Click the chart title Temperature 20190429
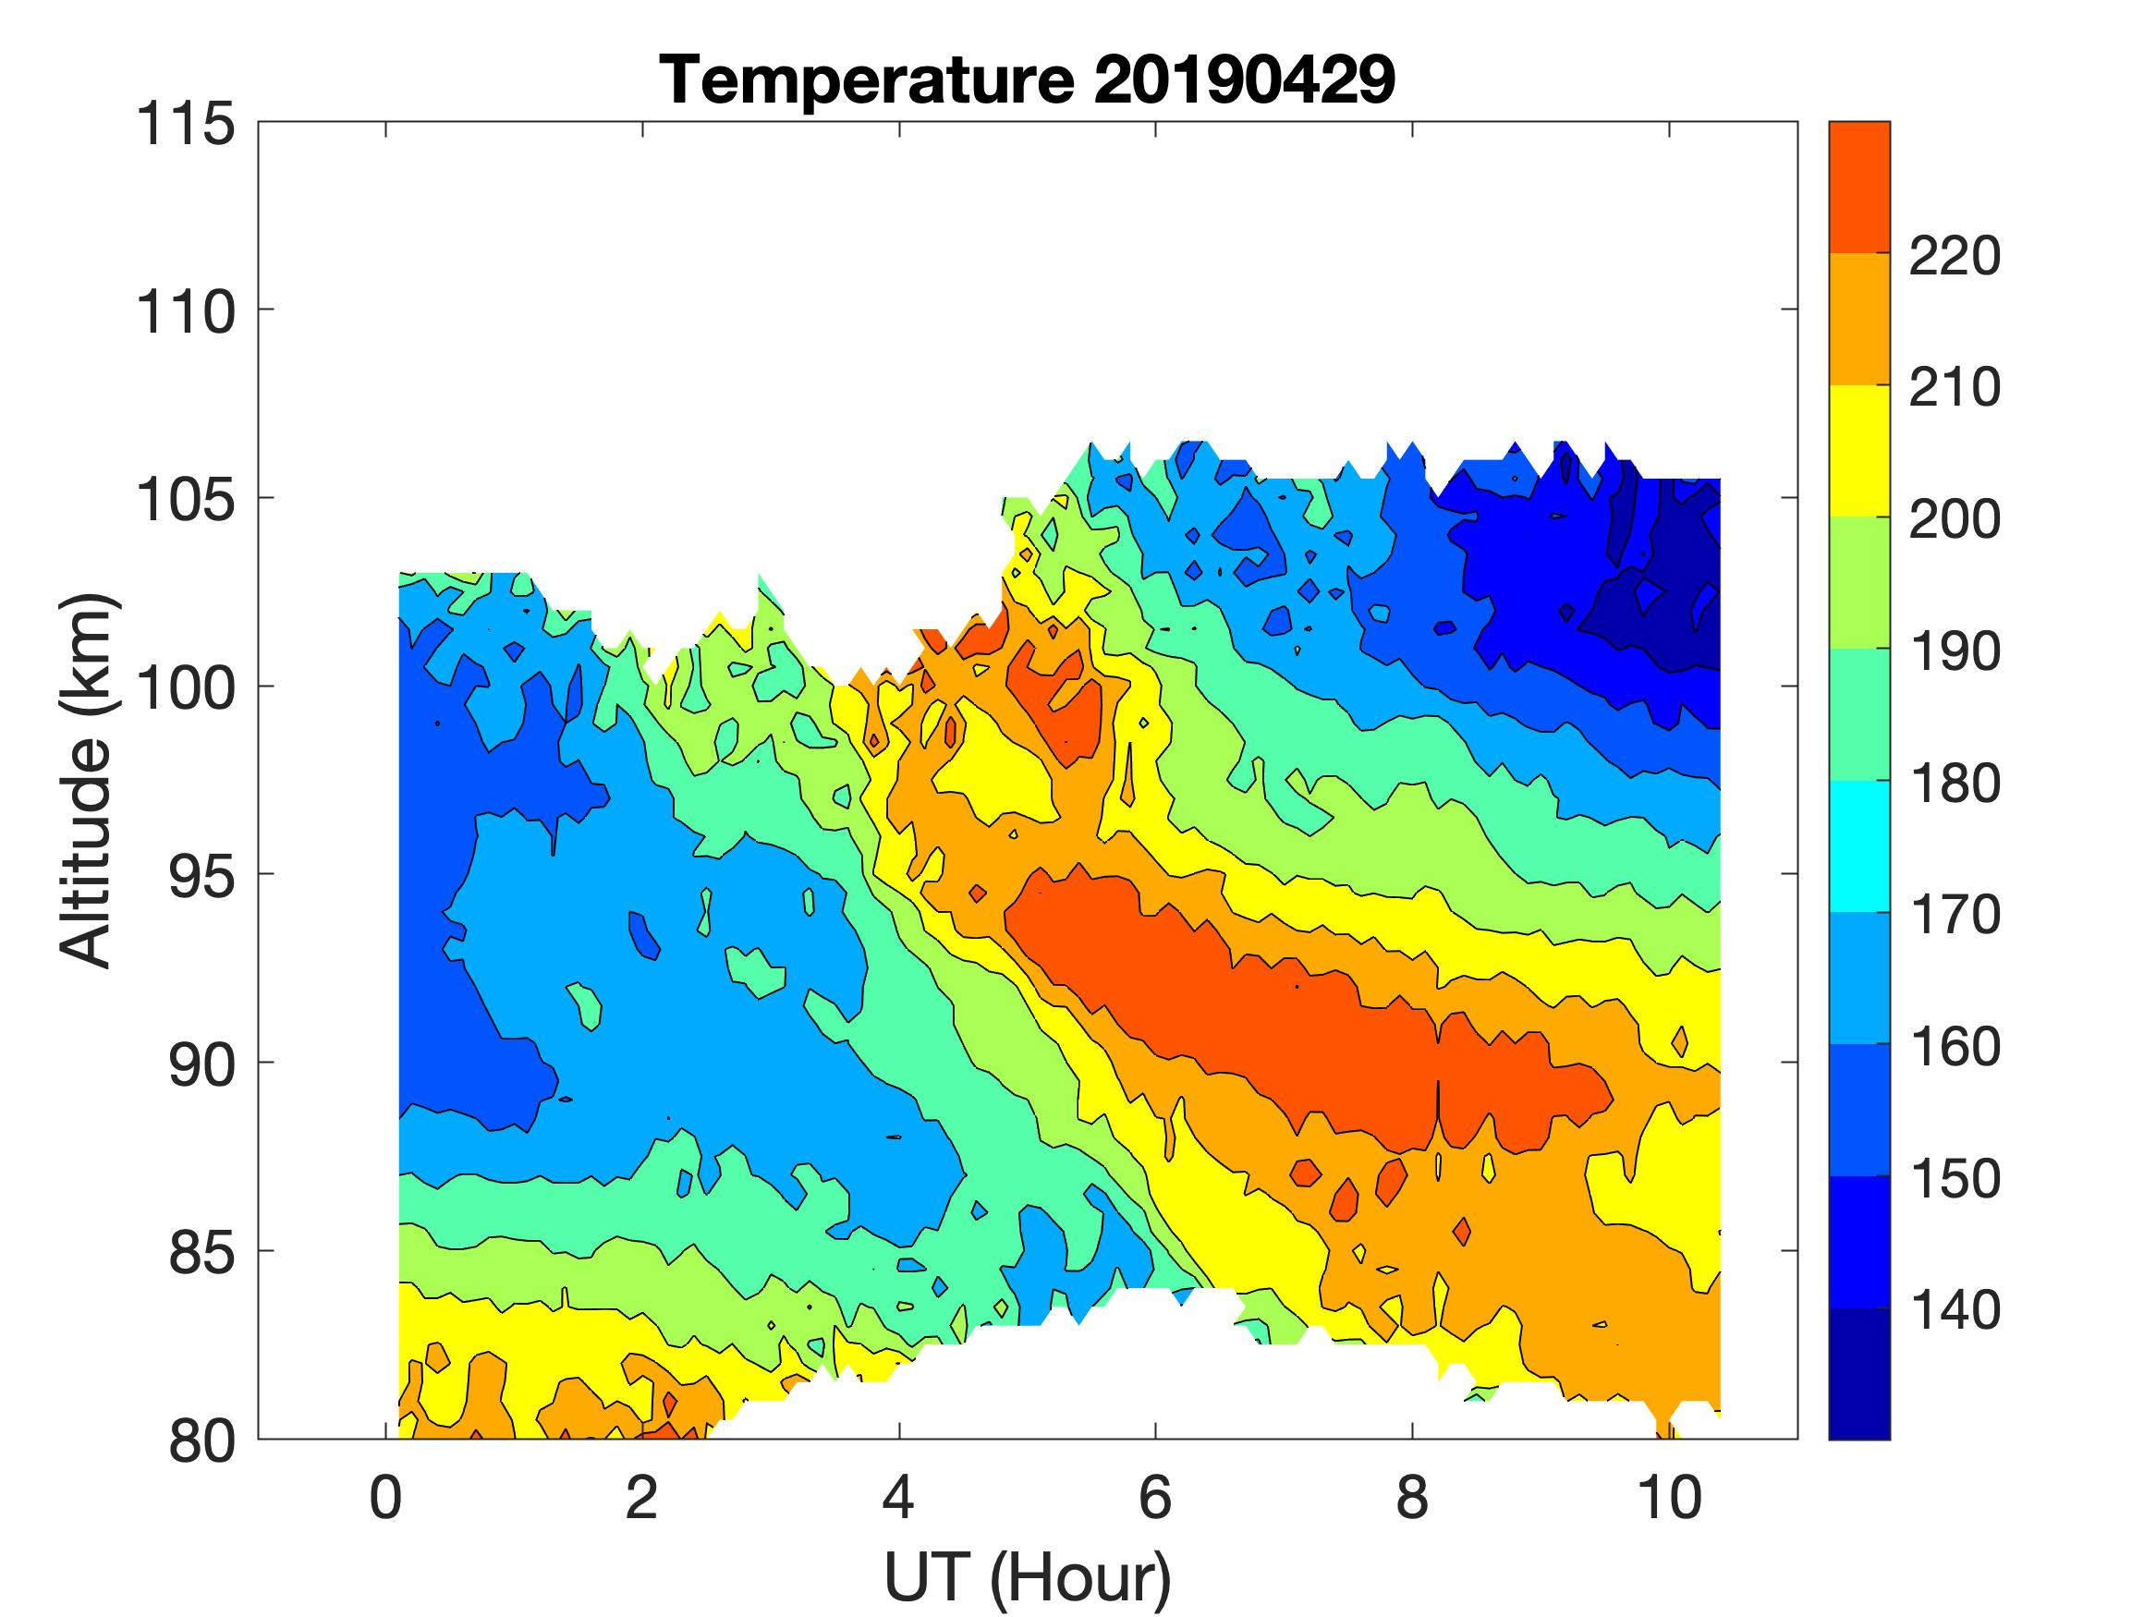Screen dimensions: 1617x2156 (1028, 79)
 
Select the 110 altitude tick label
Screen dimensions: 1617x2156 (185, 313)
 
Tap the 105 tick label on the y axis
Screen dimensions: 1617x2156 (185, 501)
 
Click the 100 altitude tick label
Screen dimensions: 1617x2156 (185, 689)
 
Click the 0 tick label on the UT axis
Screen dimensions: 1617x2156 (386, 1497)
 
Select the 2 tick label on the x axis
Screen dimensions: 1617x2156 (641, 1497)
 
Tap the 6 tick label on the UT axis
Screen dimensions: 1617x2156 (1155, 1497)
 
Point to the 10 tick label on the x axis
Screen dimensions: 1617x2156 (1670, 1497)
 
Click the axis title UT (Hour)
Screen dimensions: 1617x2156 (1028, 1576)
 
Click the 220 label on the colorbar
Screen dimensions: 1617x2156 (1955, 256)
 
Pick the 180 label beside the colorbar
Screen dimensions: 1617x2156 (1955, 784)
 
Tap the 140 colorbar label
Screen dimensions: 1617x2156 (1955, 1311)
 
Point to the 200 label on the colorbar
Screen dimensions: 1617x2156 (1955, 519)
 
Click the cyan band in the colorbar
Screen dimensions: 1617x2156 (1858, 846)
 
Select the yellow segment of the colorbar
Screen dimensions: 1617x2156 (1858, 450)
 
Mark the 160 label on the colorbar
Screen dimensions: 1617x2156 (1955, 1047)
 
